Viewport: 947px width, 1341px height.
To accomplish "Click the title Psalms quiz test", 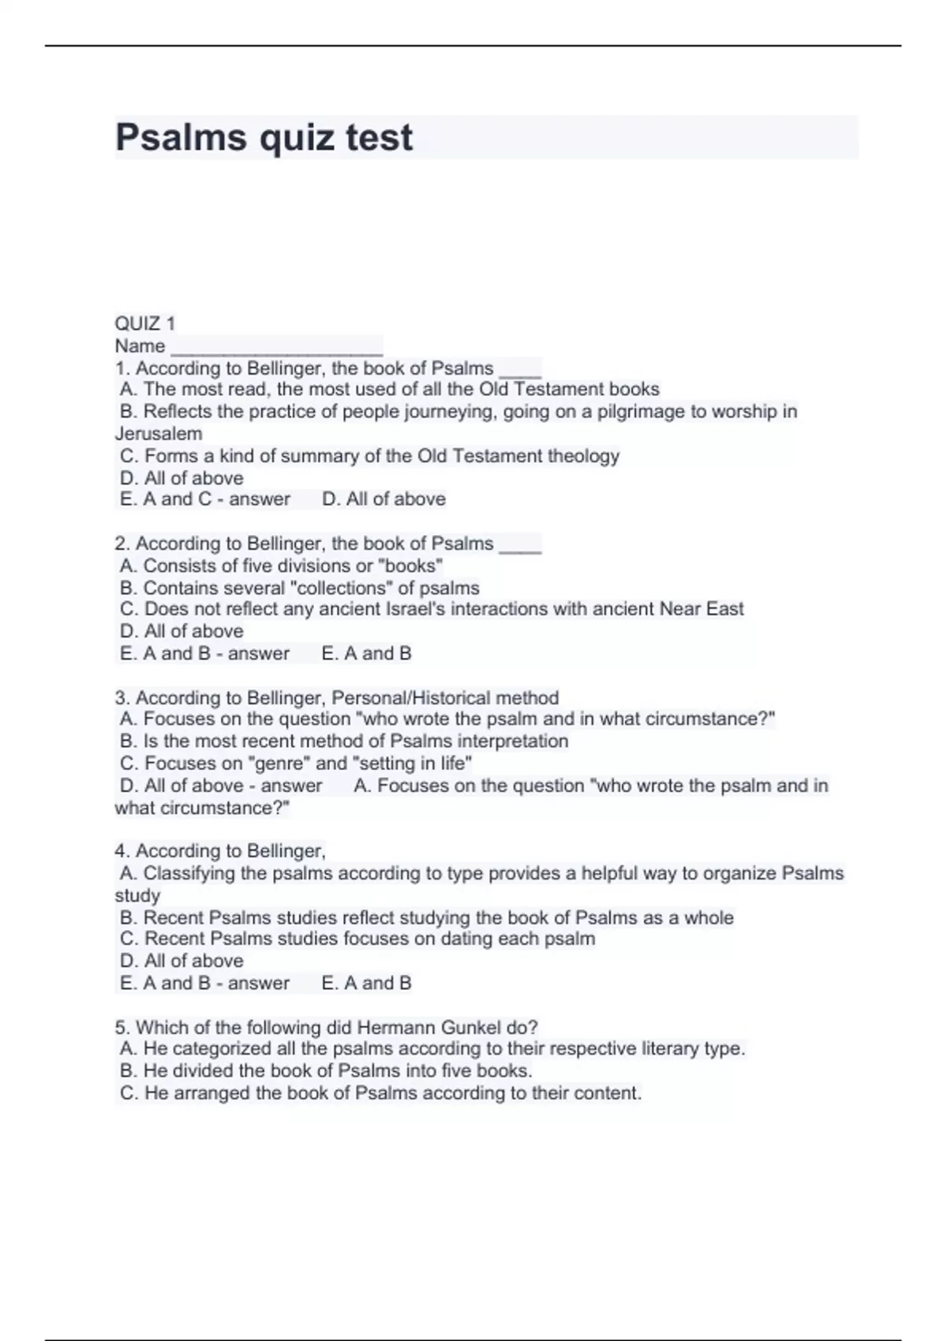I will coord(264,137).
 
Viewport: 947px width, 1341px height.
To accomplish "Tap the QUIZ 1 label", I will coord(145,323).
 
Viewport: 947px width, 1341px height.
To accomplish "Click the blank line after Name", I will coord(277,346).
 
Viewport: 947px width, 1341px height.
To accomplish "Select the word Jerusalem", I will coord(159,434).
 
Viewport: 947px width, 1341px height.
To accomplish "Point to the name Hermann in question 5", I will coord(391,1027).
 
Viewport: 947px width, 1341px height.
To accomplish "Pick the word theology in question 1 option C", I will coord(583,456).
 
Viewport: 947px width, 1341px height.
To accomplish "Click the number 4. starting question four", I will coord(122,851).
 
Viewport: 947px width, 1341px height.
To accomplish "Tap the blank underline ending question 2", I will coord(520,545).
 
